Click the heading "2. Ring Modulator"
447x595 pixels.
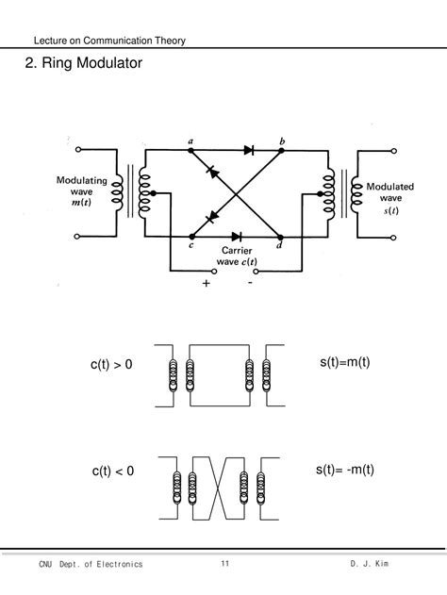click(x=82, y=65)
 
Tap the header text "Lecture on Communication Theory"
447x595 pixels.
click(x=108, y=41)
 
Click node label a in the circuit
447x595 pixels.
click(x=191, y=140)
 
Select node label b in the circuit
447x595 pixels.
click(x=282, y=140)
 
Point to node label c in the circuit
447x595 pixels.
click(x=191, y=247)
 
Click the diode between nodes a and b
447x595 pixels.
click(x=249, y=149)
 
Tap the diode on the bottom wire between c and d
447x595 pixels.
click(x=236, y=236)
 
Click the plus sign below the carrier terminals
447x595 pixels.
click(x=203, y=283)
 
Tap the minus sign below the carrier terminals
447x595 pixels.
click(x=251, y=282)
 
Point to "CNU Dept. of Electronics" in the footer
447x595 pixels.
click(x=91, y=563)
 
